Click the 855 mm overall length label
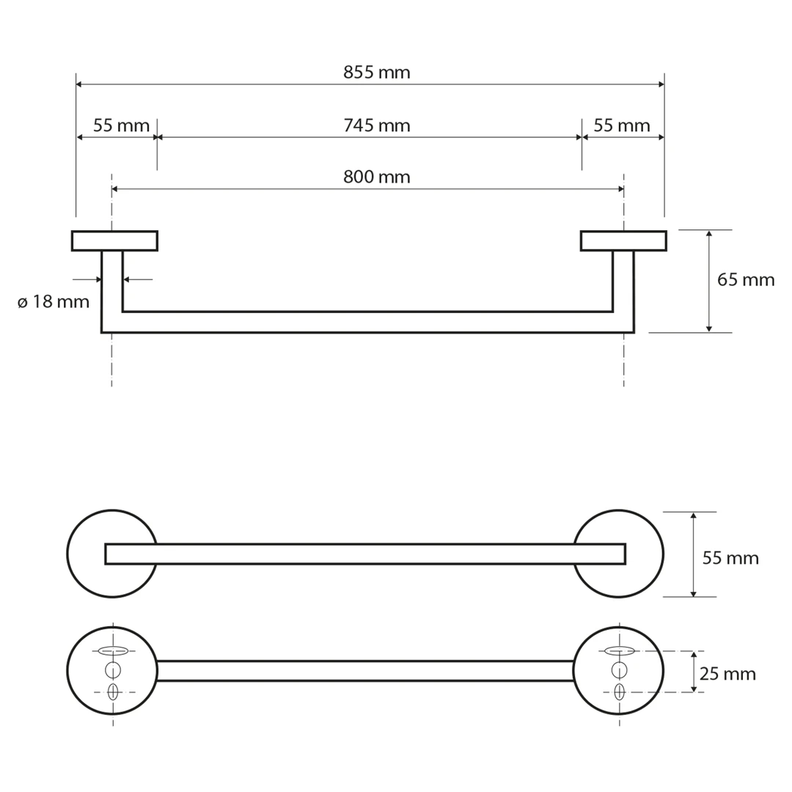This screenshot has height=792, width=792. tap(377, 73)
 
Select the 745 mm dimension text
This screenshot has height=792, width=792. tap(377, 126)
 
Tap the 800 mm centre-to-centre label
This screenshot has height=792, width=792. tap(377, 177)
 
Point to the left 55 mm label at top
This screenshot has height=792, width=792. tap(121, 126)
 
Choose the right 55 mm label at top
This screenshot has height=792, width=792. tap(622, 126)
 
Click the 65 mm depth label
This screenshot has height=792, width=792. tap(746, 280)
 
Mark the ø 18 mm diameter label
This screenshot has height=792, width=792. tap(54, 302)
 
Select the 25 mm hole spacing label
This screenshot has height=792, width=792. tap(728, 674)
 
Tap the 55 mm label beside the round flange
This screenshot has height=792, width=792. tap(730, 558)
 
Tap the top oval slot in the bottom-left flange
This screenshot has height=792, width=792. tap(113, 650)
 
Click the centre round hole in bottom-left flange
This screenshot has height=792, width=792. tap(113, 670)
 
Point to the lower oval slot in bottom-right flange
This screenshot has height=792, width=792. tap(619, 692)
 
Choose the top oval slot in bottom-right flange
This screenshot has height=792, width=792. tap(619, 650)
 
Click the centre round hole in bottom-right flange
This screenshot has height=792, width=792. tap(619, 670)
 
